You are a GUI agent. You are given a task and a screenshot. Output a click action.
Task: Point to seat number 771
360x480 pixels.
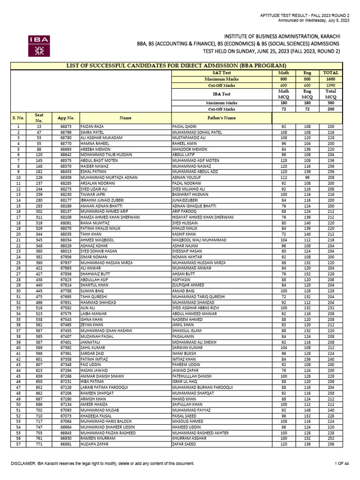tap(39, 443)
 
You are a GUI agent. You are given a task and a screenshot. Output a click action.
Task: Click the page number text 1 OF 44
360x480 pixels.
tap(342, 464)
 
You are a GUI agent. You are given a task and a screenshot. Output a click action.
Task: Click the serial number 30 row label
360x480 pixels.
tap(18, 290)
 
